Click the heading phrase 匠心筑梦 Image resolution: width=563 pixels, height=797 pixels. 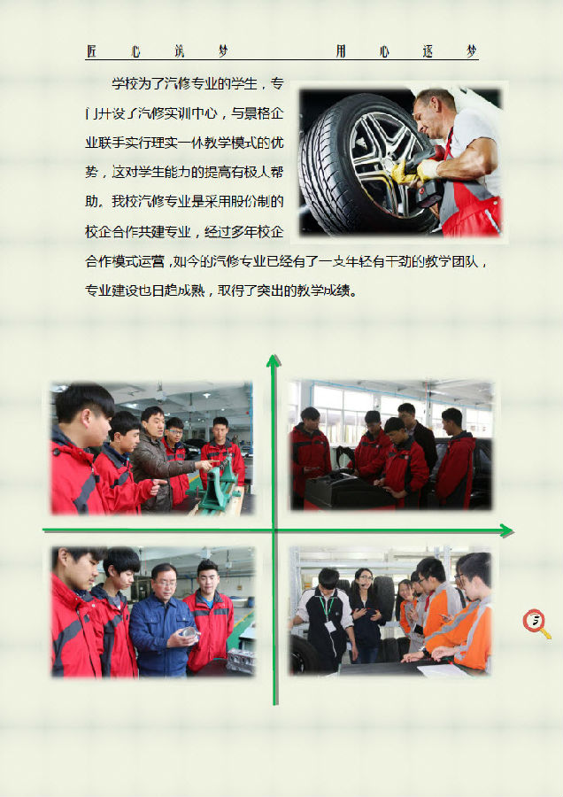pos(157,50)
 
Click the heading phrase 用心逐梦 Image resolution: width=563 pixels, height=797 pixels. pos(406,50)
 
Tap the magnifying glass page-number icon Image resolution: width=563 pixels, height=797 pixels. pos(536,623)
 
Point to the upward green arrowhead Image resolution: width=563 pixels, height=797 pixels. pos(274,360)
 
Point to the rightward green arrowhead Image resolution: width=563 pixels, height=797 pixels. pos(506,531)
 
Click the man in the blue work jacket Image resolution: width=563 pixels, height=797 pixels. pos(163,621)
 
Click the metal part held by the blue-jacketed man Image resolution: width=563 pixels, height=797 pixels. pos(189,633)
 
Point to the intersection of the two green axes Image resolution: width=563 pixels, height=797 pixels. pos(274,530)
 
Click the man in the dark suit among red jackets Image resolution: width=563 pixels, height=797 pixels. pos(419,437)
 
